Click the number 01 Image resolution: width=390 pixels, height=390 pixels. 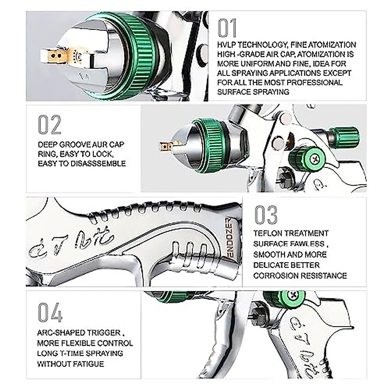(227, 28)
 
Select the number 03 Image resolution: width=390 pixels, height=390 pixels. (266, 215)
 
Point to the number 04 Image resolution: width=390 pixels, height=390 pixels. (50, 312)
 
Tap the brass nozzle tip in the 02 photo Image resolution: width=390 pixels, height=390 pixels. (165, 146)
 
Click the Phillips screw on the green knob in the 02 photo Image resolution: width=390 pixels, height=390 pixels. (315, 159)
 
